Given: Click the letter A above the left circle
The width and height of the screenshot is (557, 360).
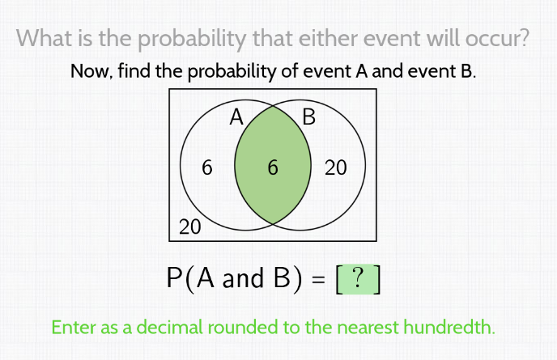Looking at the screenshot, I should pos(236,117).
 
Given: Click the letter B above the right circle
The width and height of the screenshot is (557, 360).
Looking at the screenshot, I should pos(308,117).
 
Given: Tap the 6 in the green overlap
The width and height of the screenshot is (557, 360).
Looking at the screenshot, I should pos(272,168).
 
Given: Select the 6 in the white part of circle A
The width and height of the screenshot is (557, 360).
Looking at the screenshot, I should pos(207,168).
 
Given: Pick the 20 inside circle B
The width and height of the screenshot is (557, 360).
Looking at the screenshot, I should pos(335,168).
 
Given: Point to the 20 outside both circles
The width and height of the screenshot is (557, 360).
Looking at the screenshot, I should pos(189,227).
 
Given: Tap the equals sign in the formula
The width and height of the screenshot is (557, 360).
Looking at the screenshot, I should pos(319,280).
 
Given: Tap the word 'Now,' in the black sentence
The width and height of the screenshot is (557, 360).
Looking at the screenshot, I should pos(91,72).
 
